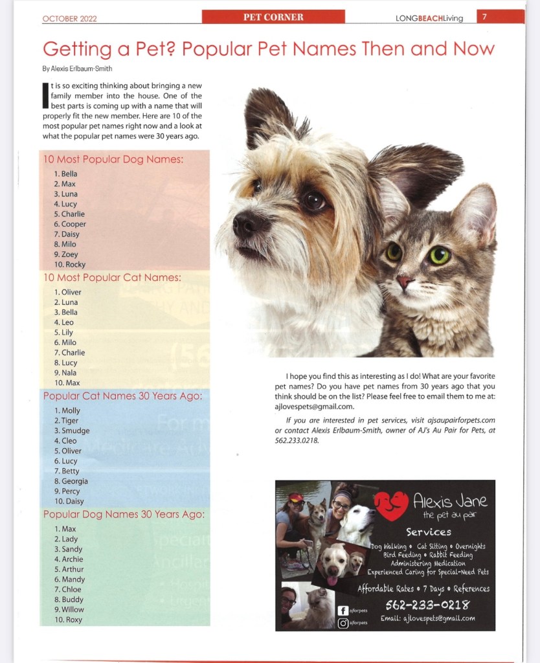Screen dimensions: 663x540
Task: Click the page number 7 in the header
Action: [x=484, y=17]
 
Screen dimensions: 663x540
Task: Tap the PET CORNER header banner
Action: [x=273, y=17]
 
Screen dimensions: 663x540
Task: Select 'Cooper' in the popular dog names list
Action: [x=73, y=224]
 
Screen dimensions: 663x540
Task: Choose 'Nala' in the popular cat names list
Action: [x=69, y=373]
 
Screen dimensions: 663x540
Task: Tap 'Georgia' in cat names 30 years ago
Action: [x=74, y=481]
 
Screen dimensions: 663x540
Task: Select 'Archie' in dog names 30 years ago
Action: [x=72, y=559]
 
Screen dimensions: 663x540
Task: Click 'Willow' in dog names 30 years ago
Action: [x=73, y=610]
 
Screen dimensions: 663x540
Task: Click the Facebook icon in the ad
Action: [x=343, y=610]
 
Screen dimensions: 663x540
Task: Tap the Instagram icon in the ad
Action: [x=343, y=623]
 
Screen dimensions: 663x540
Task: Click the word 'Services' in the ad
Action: [x=429, y=532]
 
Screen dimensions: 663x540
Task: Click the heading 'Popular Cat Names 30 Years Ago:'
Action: [x=123, y=395]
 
